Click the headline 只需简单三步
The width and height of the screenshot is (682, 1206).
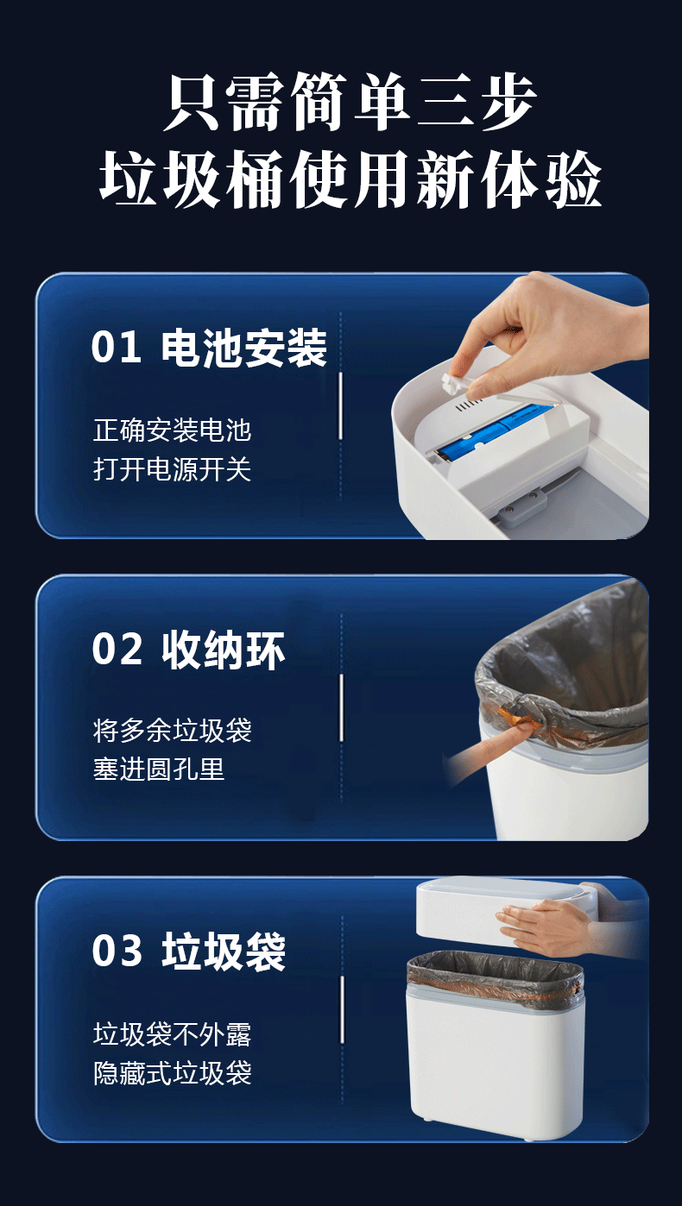pos(350,102)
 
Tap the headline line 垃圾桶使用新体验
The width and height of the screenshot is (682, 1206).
pos(350,179)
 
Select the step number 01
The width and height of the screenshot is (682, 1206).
pos(117,348)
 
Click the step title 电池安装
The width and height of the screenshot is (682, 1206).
pos(244,348)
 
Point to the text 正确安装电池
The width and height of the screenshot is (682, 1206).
pos(173,430)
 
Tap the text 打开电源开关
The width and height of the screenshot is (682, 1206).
pos(173,469)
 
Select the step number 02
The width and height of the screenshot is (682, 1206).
pos(117,649)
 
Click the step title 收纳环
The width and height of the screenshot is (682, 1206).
pos(223,650)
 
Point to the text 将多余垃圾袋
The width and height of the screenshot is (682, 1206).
pos(173,731)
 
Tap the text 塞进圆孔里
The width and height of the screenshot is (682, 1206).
pos(159,769)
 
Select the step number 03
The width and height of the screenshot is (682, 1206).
pos(117,951)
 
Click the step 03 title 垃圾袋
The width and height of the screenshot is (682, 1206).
pos(223,952)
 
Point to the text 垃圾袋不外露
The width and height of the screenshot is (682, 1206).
pos(173,1034)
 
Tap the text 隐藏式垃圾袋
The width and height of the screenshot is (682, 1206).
pos(173,1073)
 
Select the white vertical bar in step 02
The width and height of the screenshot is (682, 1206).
pos(341,707)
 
